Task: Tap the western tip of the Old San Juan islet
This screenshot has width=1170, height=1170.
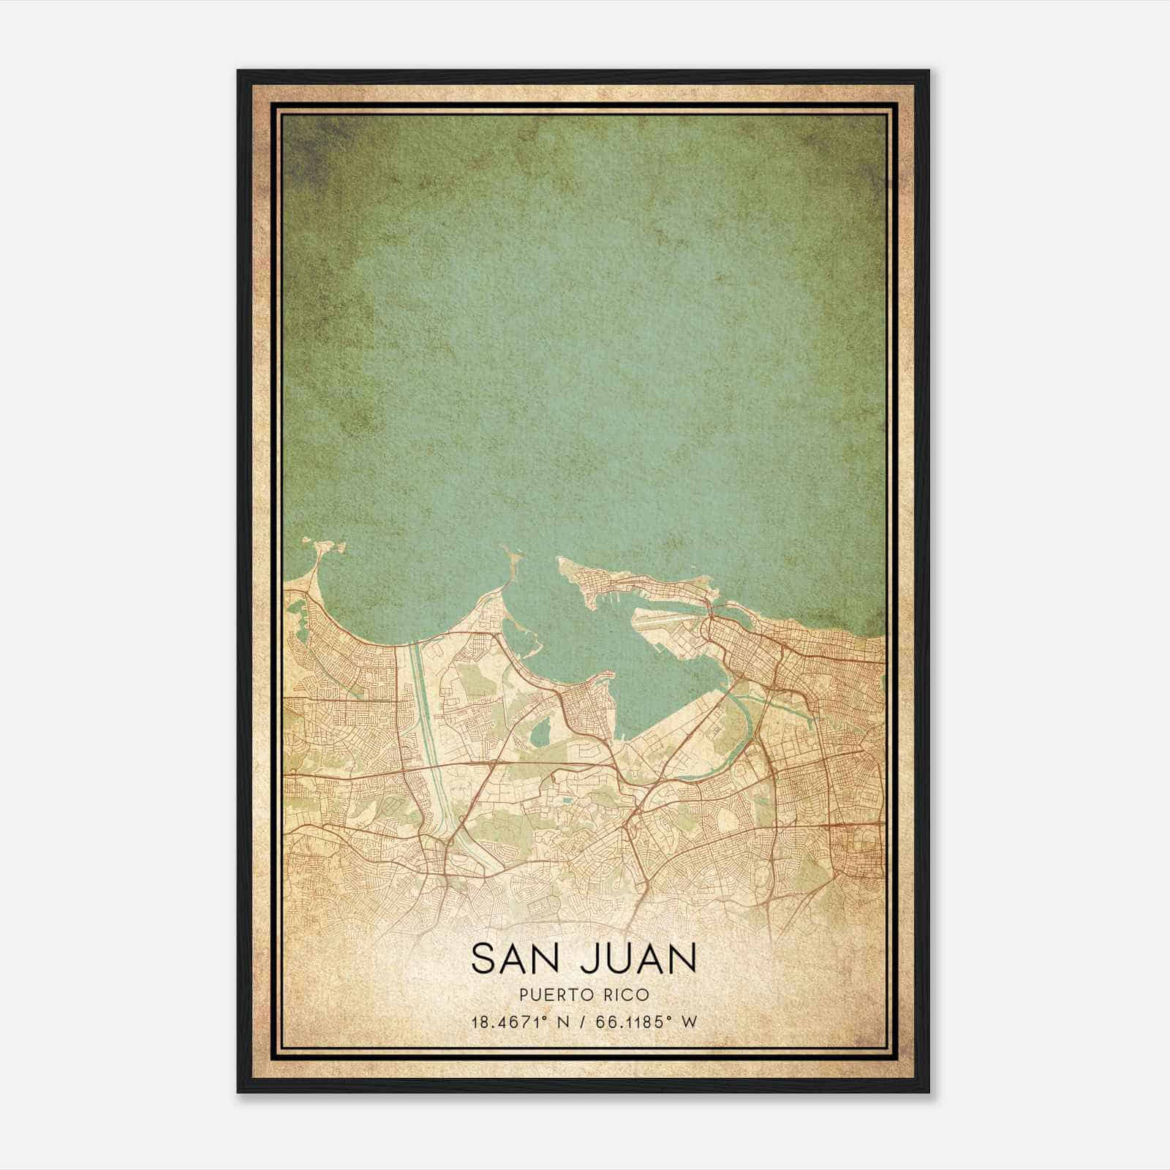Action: tap(562, 562)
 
